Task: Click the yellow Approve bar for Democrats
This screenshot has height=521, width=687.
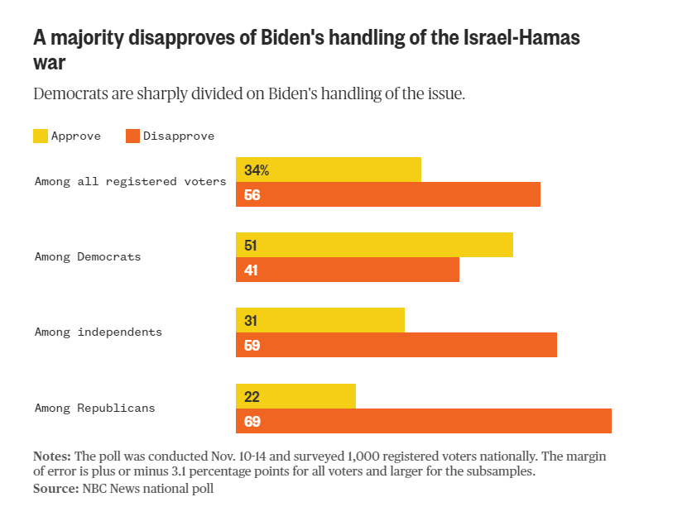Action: [374, 245]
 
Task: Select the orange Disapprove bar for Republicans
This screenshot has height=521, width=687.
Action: [424, 421]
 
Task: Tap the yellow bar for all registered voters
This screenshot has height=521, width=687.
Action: [329, 170]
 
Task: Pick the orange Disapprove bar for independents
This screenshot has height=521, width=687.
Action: [396, 345]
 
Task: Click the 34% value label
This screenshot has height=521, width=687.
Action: [257, 170]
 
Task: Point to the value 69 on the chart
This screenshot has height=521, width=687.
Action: [252, 422]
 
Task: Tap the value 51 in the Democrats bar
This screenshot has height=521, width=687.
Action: [252, 246]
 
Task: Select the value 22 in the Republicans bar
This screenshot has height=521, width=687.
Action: [252, 397]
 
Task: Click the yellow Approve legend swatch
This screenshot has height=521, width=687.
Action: [41, 136]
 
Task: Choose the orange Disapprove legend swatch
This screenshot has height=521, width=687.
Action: [132, 136]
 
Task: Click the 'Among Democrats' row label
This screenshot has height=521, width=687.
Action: [88, 256]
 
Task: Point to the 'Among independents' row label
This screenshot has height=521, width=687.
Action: [98, 332]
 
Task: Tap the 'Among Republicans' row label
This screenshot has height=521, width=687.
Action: [95, 409]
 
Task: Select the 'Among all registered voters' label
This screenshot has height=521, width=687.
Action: [131, 181]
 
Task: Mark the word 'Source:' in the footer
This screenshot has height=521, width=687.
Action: [55, 489]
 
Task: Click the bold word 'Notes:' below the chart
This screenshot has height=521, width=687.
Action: [52, 456]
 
